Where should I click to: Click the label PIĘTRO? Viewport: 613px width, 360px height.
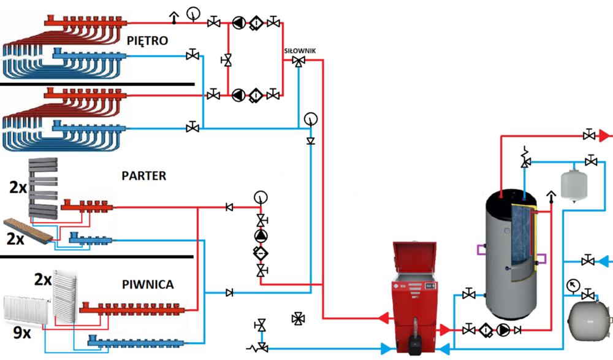[x=148, y=40]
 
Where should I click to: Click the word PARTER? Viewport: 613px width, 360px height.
[x=144, y=176]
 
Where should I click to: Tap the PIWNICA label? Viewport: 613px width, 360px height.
[x=147, y=285]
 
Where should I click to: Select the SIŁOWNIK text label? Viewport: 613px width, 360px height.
[x=300, y=51]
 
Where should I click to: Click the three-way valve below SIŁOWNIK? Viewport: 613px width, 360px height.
[x=299, y=61]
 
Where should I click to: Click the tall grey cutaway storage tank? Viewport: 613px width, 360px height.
[x=510, y=251]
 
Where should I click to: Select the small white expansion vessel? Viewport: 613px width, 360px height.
[x=573, y=184]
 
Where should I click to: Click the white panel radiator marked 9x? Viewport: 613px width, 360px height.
[x=27, y=309]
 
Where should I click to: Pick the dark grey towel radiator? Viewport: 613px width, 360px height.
[x=43, y=187]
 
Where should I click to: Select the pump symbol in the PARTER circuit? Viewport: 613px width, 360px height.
[x=262, y=237]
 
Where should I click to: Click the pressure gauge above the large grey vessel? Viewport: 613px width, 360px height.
[x=573, y=285]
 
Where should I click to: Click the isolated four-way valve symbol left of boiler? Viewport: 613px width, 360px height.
[x=299, y=318]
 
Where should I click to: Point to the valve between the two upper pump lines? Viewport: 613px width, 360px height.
[x=228, y=60]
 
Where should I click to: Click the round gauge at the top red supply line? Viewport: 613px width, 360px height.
[x=194, y=12]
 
